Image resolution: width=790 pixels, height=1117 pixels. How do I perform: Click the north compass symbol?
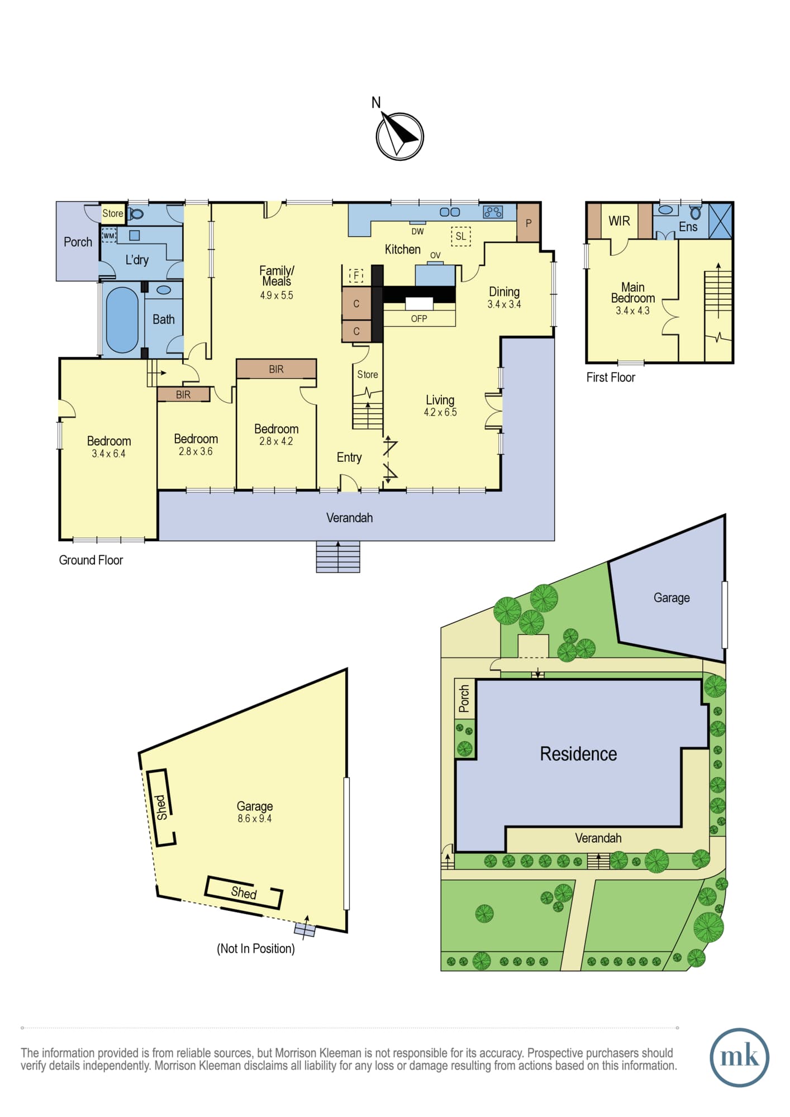(x=399, y=136)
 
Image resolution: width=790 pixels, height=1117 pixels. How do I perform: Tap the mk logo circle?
(x=739, y=1057)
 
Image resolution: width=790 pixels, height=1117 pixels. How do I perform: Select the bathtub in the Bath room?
(x=122, y=320)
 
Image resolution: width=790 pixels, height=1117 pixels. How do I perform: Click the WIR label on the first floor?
(x=619, y=221)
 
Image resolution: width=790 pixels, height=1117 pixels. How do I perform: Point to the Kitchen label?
(x=402, y=249)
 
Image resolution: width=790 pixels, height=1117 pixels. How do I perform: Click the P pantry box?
(x=529, y=223)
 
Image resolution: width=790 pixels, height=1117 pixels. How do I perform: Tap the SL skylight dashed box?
(x=460, y=236)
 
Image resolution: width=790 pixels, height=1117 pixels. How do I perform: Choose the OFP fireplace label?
(x=419, y=318)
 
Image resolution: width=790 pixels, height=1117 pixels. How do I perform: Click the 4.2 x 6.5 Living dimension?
(x=440, y=412)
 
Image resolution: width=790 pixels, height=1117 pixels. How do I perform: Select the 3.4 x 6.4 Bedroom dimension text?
(x=108, y=454)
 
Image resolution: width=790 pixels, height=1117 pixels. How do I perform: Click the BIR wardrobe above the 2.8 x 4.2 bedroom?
(x=276, y=369)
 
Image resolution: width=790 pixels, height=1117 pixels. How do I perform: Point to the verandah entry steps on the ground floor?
(x=338, y=556)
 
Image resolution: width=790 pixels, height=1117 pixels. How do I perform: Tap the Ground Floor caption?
(x=91, y=560)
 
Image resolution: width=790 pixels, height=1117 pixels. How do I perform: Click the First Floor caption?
(x=611, y=378)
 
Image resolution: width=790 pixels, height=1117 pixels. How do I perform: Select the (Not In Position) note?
(x=256, y=948)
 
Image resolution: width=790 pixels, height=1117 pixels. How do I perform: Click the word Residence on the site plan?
(x=578, y=754)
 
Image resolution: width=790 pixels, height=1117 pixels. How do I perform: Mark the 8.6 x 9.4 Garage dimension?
(x=255, y=818)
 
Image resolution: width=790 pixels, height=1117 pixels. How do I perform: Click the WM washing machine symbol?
(x=109, y=236)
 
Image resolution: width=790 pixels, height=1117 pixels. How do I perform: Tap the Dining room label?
(x=504, y=292)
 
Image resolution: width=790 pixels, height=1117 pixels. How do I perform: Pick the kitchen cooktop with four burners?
(x=493, y=212)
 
